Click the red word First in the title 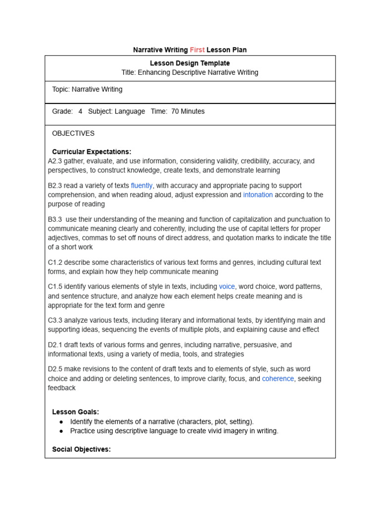197,50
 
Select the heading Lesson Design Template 190,63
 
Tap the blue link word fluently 142,186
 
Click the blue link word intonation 258,195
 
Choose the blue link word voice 227,287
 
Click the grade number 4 80,111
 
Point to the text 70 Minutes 188,111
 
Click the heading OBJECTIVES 73,134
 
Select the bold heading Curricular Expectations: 92,152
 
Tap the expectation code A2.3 55,161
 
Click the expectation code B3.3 55,219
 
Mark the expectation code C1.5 55,287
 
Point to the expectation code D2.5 55,369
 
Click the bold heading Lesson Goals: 75,412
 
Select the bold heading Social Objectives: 81,450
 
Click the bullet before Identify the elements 61,422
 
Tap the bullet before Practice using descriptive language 61,431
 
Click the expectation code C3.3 55,320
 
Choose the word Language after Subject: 130,111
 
